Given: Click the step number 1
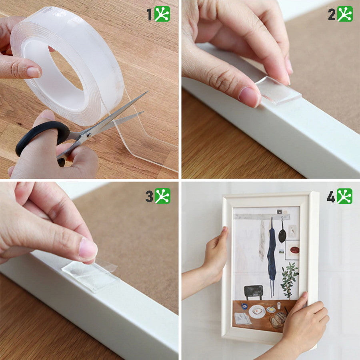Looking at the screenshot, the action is coord(150,14).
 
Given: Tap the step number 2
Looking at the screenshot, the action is coord(332,14).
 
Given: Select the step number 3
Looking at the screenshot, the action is coord(149,196).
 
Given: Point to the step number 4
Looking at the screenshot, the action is coord(331,196).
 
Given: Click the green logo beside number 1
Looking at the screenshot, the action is coord(162,14).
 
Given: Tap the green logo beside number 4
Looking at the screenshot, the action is coord(344,196).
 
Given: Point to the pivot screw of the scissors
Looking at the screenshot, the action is coord(88,136).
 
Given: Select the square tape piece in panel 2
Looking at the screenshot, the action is coord(278,90).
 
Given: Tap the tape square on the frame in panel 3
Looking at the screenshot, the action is coord(91,276).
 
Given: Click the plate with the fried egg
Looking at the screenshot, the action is coord(257,311).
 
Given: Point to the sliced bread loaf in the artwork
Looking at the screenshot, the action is coord(278,319).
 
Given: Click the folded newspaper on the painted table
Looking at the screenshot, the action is coord(242,319).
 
